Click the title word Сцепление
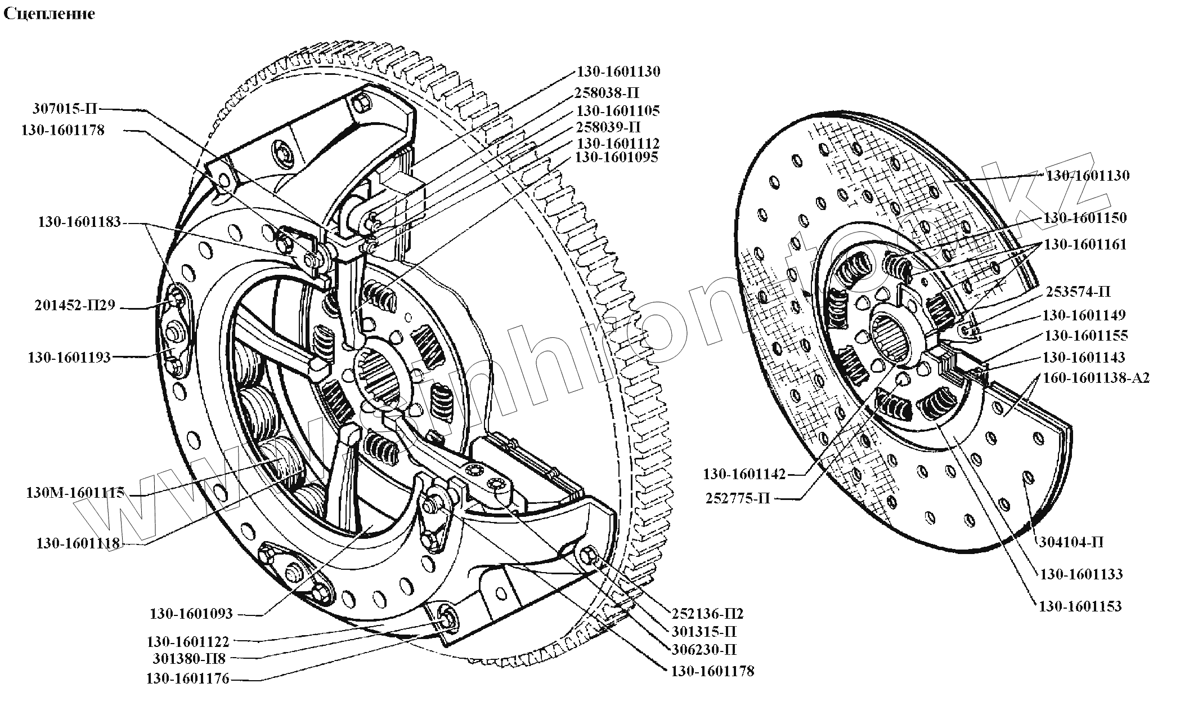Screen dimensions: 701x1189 click(x=49, y=14)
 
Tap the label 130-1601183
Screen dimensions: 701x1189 click(x=79, y=222)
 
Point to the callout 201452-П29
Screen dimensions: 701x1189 click(x=75, y=306)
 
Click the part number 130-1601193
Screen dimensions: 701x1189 click(x=69, y=358)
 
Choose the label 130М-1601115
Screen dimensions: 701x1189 click(x=75, y=493)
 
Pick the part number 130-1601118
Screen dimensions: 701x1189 click(x=78, y=543)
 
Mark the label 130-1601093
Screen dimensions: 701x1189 click(x=191, y=614)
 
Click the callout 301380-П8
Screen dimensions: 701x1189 click(x=189, y=658)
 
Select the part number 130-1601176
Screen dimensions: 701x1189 click(x=187, y=679)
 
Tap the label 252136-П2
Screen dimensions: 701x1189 click(x=708, y=614)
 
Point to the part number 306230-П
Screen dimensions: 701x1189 click(x=704, y=650)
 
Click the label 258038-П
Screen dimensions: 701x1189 click(x=607, y=92)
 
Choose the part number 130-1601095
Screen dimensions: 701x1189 click(x=616, y=158)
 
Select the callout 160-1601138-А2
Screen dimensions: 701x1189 click(x=1096, y=378)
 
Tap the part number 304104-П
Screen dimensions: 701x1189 click(x=1070, y=542)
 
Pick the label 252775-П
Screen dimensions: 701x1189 click(x=737, y=498)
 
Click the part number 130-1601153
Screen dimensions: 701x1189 click(x=1080, y=606)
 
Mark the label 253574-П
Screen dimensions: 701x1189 click(x=1078, y=292)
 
